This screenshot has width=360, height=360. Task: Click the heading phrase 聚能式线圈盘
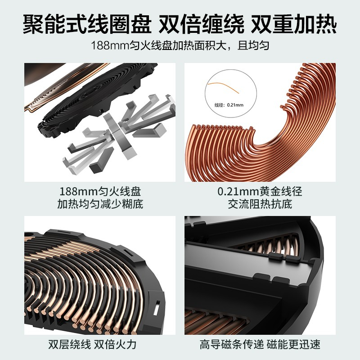click(x=87, y=24)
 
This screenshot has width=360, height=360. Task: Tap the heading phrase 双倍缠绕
click(x=201, y=24)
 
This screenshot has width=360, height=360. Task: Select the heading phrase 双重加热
click(x=294, y=24)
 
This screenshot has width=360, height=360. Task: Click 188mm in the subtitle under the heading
click(x=109, y=45)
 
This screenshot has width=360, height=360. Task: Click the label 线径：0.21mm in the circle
click(x=229, y=105)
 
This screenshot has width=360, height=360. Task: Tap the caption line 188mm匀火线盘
click(x=100, y=191)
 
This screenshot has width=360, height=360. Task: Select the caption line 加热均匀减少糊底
click(x=100, y=204)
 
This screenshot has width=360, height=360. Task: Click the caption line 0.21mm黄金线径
click(x=260, y=191)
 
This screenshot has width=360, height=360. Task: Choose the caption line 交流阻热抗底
click(x=260, y=204)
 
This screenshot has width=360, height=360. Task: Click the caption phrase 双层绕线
click(x=70, y=344)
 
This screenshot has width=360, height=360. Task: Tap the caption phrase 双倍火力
click(x=115, y=344)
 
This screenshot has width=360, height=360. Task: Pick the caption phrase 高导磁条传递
click(x=231, y=344)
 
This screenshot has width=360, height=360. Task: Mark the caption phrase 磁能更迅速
click(x=293, y=344)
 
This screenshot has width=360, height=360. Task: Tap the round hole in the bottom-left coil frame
click(x=29, y=235)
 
